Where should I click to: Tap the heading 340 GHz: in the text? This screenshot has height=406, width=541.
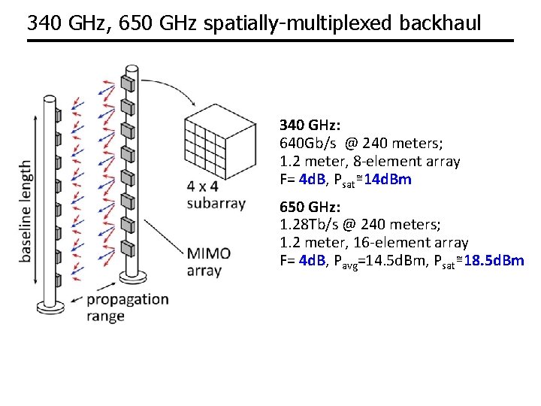[x=310, y=124]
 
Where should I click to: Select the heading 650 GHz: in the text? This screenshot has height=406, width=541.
[x=310, y=207]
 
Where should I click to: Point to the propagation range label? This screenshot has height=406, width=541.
[x=128, y=307]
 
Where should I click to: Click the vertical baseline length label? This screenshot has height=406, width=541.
[x=26, y=211]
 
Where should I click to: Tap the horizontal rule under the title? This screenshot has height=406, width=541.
[x=270, y=41]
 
